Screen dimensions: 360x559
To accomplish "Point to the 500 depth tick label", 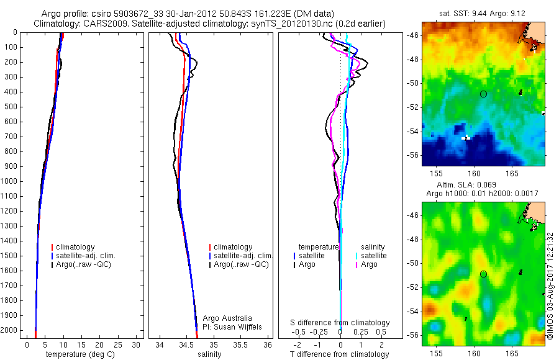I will (x=9, y=107).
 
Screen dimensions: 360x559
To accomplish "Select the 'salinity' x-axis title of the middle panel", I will (x=209, y=355).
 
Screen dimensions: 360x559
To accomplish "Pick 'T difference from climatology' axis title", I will (x=340, y=355).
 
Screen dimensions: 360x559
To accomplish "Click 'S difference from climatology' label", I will (x=340, y=323).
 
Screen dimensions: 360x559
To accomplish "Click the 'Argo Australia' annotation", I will (x=228, y=318).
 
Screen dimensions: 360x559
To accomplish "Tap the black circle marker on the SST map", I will (x=483, y=94).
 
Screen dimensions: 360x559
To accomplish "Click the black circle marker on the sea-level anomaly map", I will (x=483, y=274).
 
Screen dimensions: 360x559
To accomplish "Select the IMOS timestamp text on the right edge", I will (x=550, y=286).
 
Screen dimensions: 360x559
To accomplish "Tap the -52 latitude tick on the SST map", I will (x=412, y=107).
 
